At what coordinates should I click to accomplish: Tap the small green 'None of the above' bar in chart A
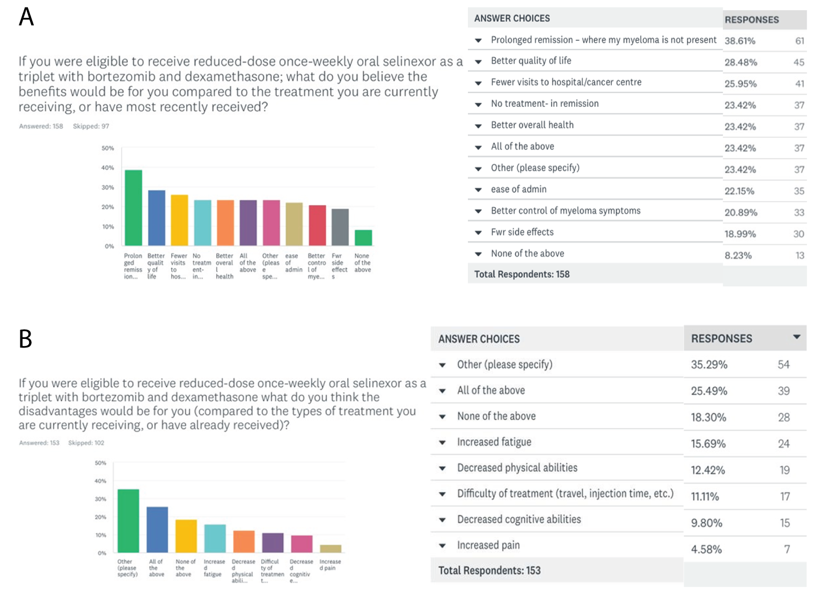pos(363,237)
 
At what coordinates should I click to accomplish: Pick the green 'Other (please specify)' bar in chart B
pos(128,520)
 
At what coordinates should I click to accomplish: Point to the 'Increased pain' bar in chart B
pos(331,548)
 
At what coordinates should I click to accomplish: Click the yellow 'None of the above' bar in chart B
pos(186,536)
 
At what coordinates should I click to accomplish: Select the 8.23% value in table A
pos(738,256)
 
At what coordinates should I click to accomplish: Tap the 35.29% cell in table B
pos(709,365)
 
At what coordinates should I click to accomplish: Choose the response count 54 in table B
pos(783,365)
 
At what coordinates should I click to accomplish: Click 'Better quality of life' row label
pos(531,61)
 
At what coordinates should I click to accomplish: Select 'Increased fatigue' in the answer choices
pos(494,442)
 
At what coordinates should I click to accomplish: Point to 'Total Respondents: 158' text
pos(522,274)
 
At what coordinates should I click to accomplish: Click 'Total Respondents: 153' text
pos(489,570)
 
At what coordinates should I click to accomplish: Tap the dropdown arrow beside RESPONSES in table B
pos(796,337)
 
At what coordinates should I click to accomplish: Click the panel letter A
pos(26,17)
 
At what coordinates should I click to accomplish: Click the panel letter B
pos(25,339)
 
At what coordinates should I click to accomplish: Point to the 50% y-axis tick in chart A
pos(108,148)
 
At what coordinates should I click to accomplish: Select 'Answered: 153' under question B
pos(39,443)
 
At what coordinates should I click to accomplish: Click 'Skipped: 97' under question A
pos(91,126)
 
